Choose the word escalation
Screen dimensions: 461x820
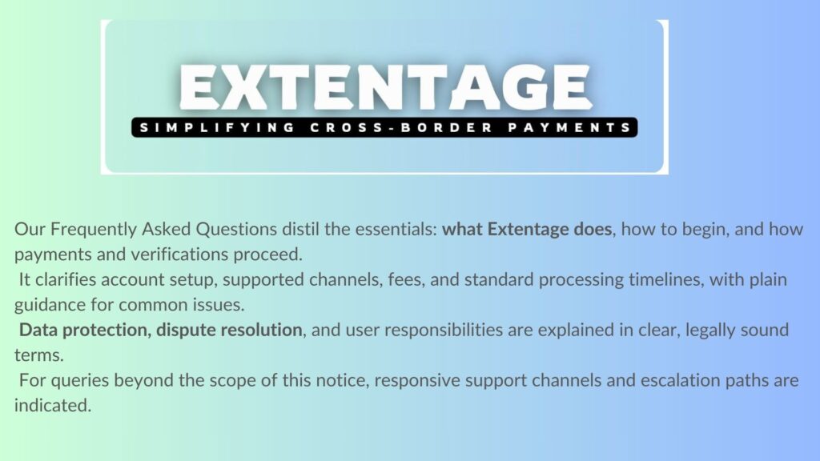pyautogui.click(x=670, y=380)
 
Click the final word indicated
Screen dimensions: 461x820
pyautogui.click(x=53, y=406)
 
